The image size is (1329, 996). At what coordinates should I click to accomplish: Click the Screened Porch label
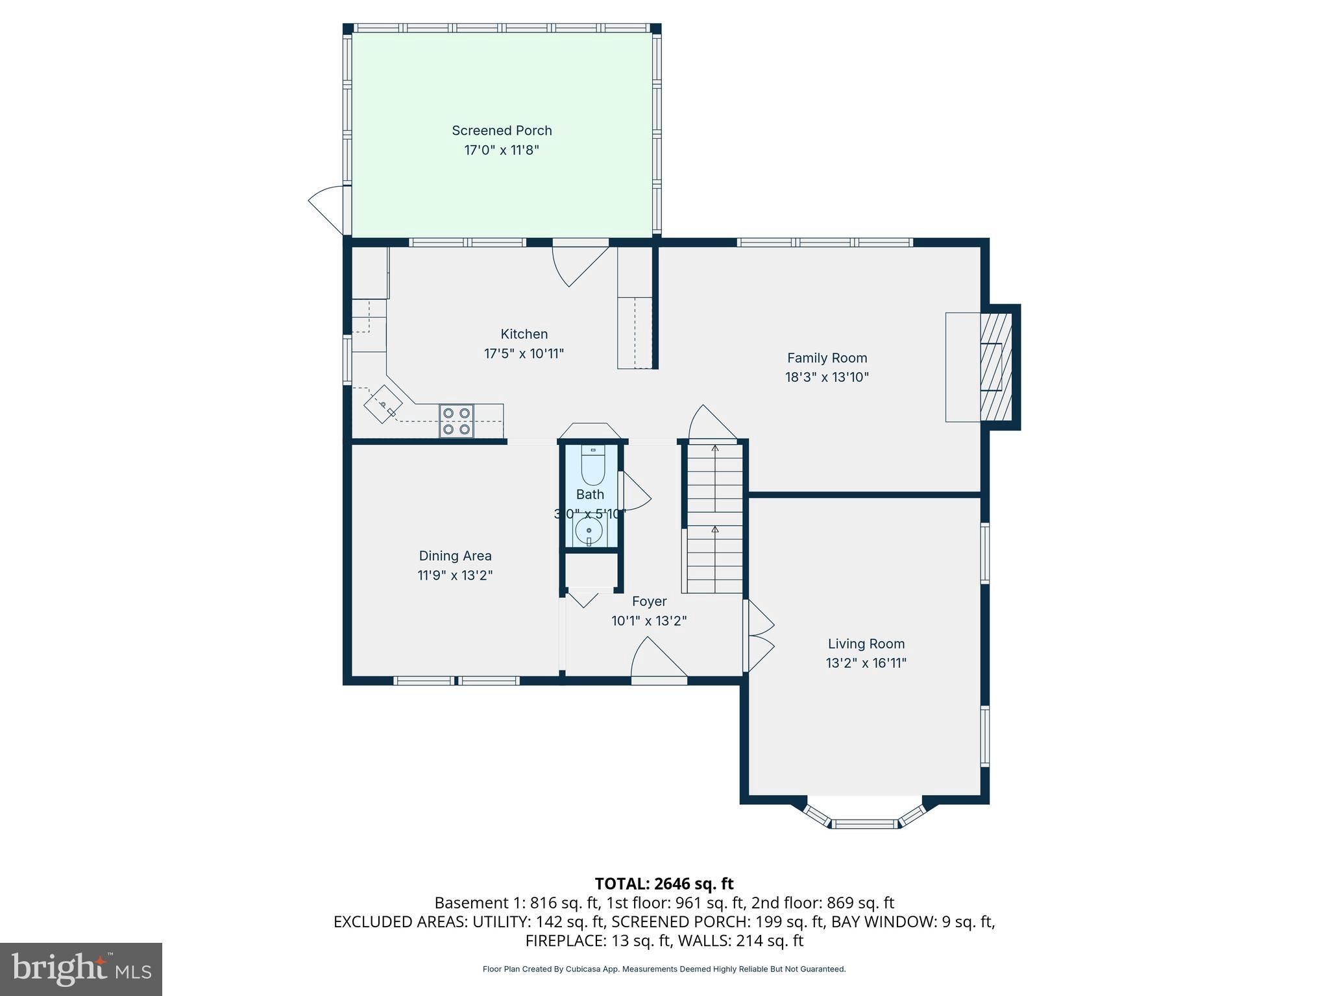502,130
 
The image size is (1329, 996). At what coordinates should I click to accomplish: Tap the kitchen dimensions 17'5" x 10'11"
524,354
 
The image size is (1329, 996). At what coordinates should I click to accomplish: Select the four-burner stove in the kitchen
456,420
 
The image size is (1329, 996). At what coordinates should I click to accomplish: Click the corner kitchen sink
383,405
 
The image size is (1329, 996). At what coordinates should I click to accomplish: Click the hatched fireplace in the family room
995,367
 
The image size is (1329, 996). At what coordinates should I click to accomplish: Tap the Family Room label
827,358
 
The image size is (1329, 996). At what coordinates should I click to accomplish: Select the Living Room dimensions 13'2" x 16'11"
866,663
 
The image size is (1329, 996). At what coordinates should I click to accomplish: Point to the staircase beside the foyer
714,516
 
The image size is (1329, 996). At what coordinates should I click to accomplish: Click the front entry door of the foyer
658,661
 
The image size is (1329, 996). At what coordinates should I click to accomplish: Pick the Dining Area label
455,556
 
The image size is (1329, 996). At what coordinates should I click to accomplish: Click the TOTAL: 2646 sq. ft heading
664,883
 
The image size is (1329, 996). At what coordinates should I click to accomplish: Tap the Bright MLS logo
81,969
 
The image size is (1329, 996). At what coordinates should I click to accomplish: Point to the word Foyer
649,601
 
